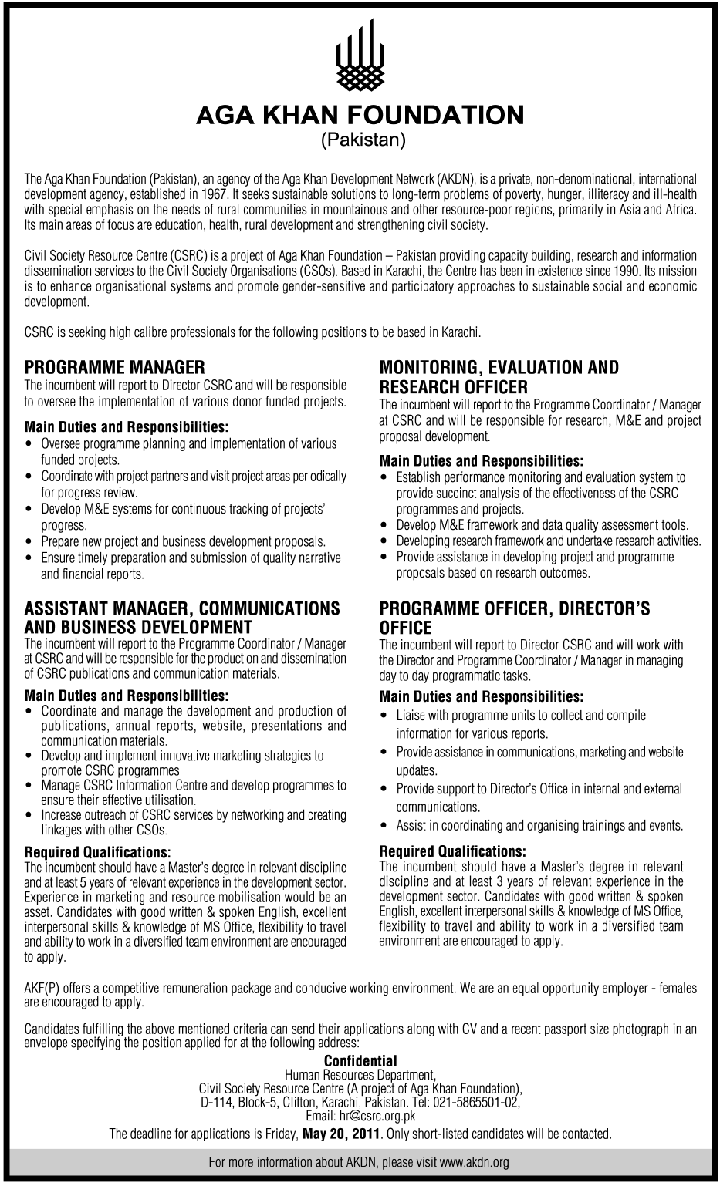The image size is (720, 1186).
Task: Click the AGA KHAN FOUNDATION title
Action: point(360,116)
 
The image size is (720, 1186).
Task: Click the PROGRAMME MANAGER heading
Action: point(115,368)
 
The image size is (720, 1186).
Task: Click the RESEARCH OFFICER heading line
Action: point(454,386)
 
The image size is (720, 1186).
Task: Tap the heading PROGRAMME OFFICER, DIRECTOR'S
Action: point(515,609)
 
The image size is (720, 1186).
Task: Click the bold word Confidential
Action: point(360,1061)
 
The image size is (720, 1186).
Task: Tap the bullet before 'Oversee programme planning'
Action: point(29,444)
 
